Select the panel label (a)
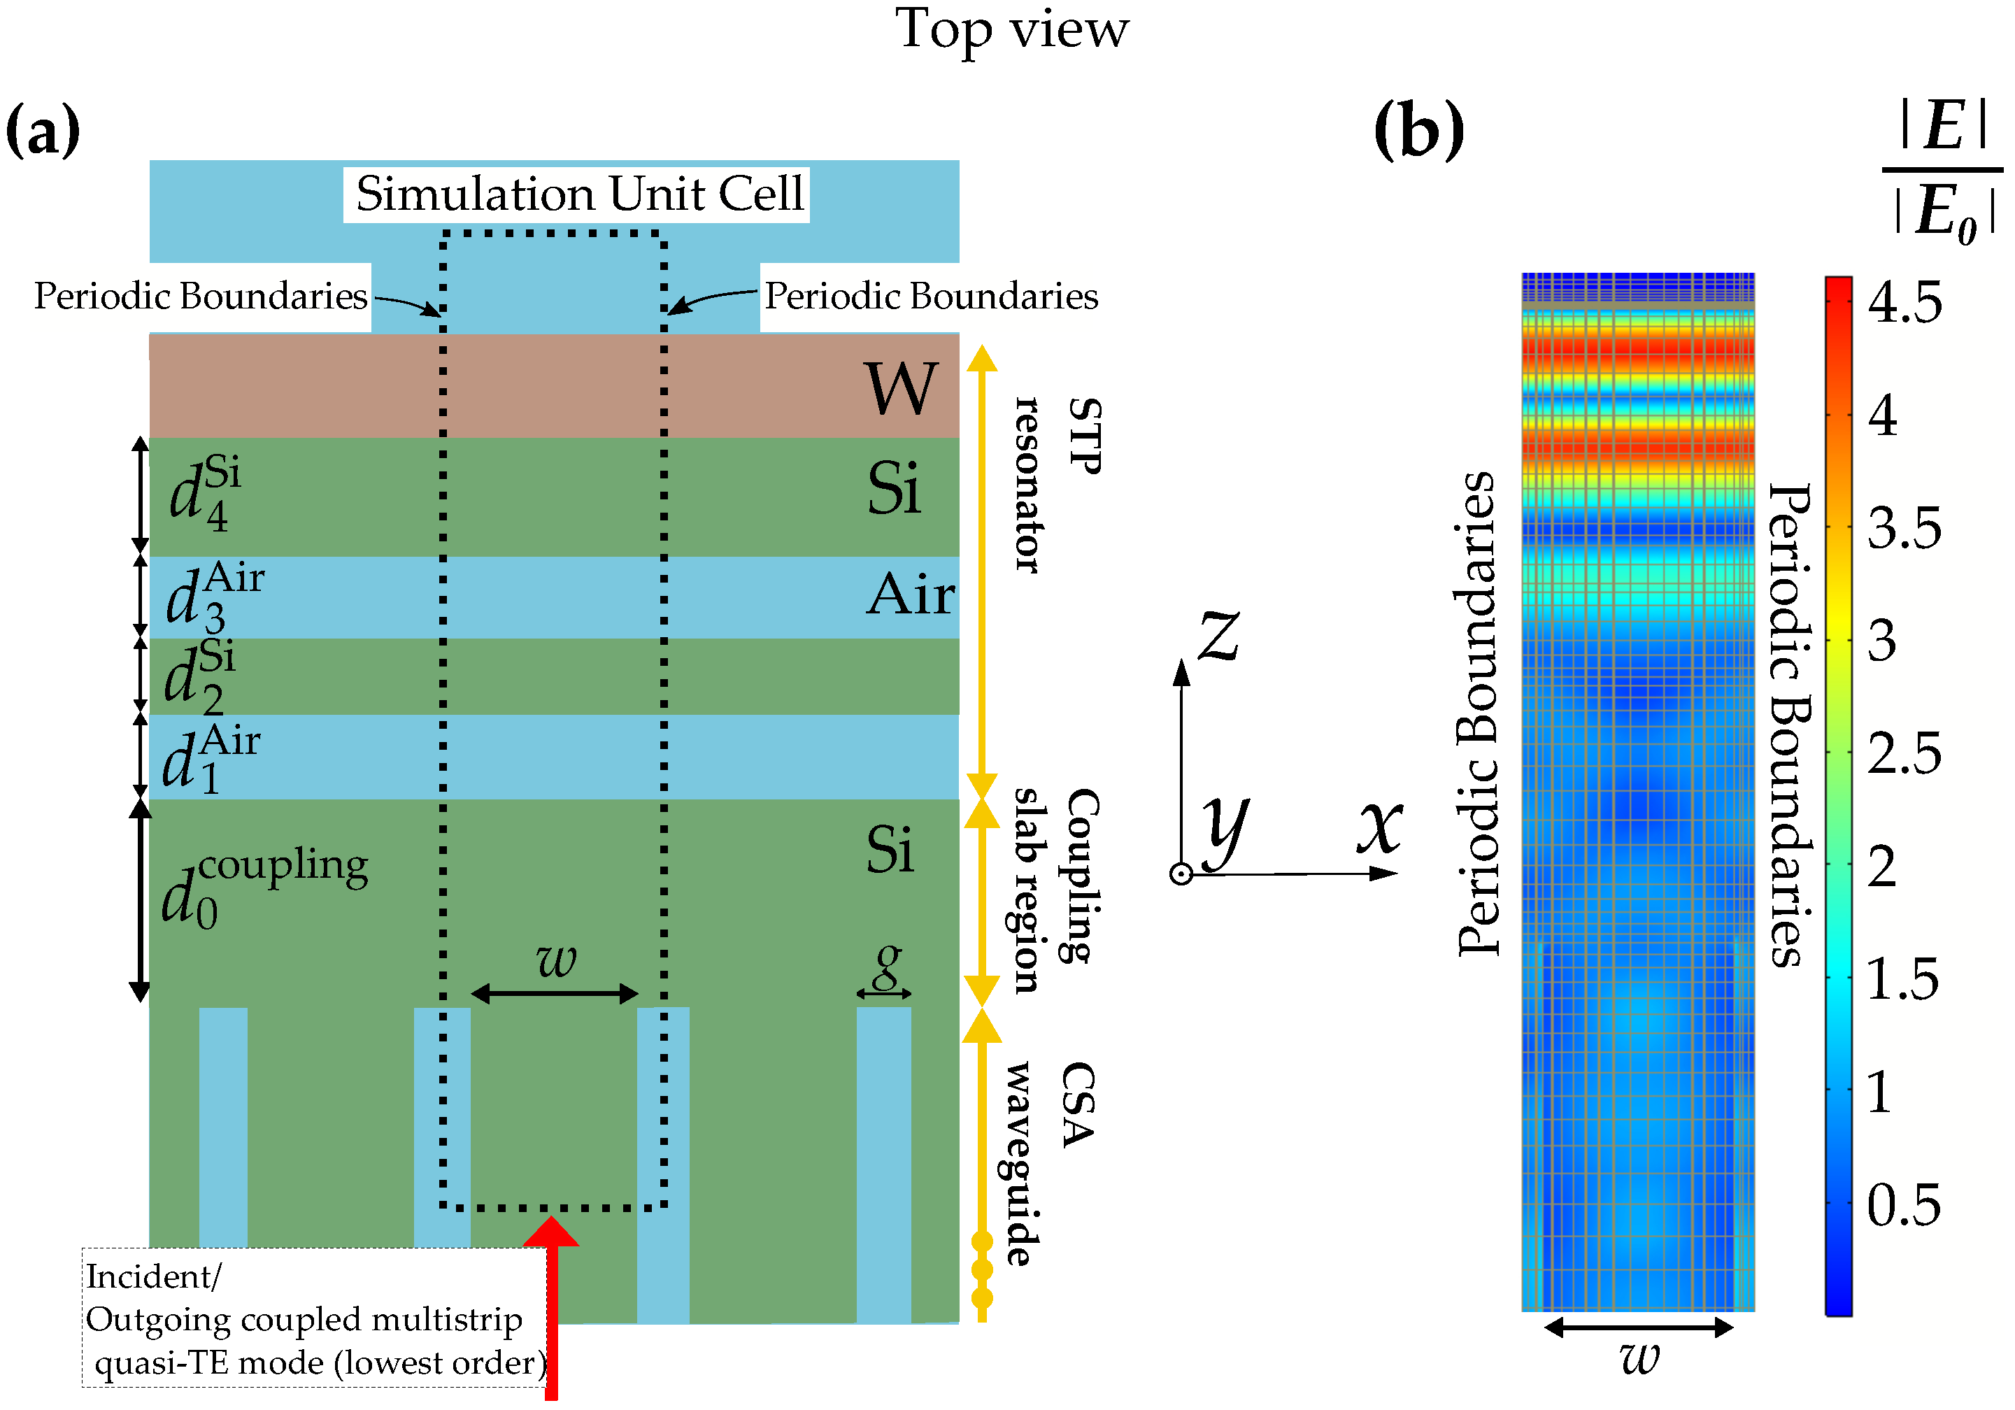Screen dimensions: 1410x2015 pos(42,130)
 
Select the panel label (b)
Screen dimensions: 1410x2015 pos(1418,130)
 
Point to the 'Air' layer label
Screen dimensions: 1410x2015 pos(910,595)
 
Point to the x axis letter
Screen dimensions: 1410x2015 pos(1380,827)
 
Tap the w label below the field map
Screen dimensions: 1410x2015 pos(1639,1358)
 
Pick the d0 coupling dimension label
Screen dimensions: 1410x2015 pos(263,886)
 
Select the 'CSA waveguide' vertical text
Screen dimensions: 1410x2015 pos(1048,1162)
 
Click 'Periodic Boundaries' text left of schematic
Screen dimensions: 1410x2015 pos(200,297)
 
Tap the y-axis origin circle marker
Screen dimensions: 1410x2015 pos(1181,874)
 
